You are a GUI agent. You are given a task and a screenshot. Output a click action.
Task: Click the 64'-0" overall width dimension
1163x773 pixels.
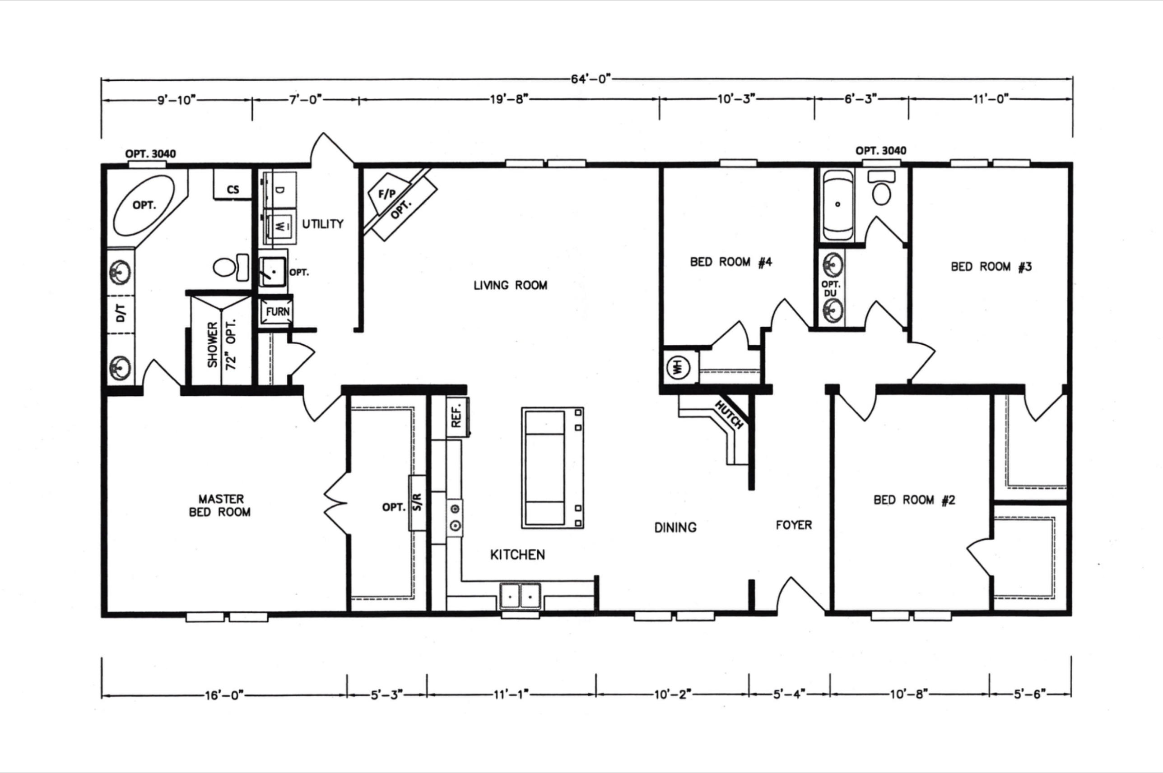pyautogui.click(x=591, y=79)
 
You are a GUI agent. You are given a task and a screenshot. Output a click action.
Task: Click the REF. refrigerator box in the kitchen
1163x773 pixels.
pyautogui.click(x=457, y=417)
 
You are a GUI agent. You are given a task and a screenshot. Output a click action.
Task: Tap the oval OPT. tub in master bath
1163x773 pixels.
pyautogui.click(x=144, y=205)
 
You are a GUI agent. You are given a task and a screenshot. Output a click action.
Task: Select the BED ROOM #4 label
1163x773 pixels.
pyautogui.click(x=731, y=262)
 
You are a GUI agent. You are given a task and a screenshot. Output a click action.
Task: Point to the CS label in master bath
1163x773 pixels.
pyautogui.click(x=233, y=190)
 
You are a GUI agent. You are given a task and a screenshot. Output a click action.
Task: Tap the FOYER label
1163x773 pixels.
pyautogui.click(x=794, y=525)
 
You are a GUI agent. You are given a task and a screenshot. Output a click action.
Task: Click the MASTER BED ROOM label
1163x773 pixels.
pyautogui.click(x=220, y=506)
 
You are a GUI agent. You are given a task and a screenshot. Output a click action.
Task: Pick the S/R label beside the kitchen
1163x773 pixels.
pyautogui.click(x=417, y=502)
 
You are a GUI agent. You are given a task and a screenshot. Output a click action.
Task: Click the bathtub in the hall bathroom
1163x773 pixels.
pyautogui.click(x=838, y=204)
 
